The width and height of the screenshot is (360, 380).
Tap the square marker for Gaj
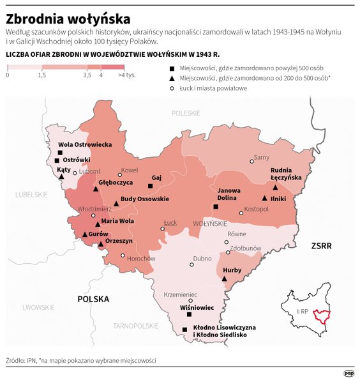pos(150,186)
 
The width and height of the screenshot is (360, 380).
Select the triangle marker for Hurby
pos(224,278)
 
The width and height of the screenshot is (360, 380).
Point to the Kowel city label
pos(130,170)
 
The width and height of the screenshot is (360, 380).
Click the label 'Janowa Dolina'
pos(229,194)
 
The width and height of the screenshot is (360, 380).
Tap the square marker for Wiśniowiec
pos(189,314)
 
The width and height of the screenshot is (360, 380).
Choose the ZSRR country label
pos(322,245)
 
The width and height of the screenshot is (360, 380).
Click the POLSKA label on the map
pos(93,299)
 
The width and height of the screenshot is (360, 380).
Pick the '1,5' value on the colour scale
pos(41,76)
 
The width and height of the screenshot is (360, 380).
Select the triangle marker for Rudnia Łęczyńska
pos(275,188)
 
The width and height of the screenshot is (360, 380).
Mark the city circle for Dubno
pos(191,264)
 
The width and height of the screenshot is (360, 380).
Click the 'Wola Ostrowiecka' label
pos(85,145)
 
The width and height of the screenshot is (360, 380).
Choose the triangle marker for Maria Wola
pos(98,224)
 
